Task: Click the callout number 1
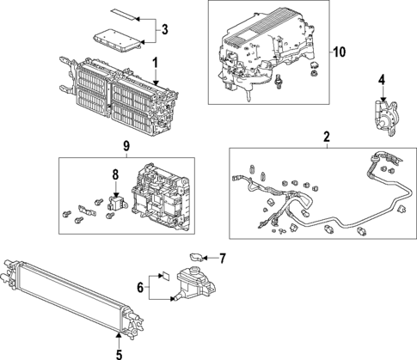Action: (x=155, y=62)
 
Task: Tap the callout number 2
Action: (x=327, y=137)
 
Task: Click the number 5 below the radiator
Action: (x=119, y=352)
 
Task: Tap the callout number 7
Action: (x=221, y=257)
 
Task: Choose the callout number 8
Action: (x=115, y=175)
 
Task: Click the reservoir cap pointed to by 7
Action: (x=195, y=256)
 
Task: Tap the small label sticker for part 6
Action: (x=163, y=278)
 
